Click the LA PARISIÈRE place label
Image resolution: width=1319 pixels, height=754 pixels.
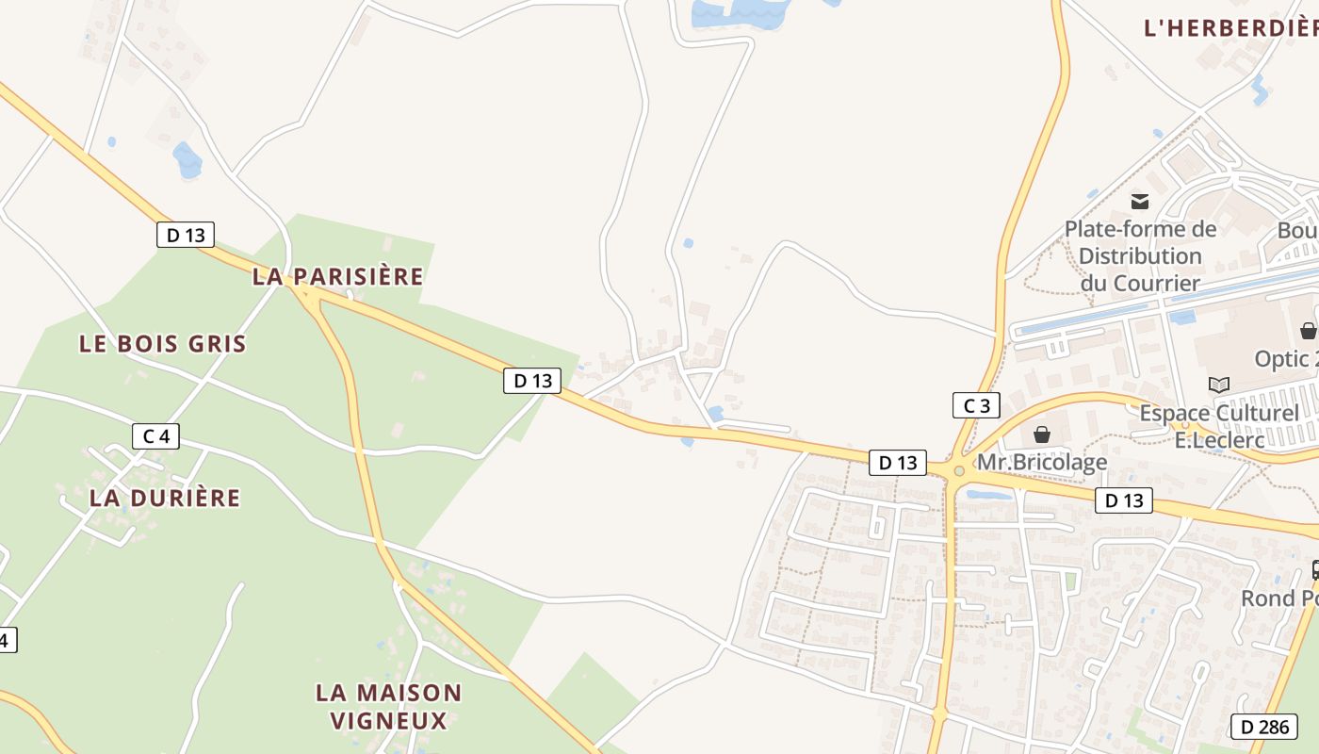point(337,276)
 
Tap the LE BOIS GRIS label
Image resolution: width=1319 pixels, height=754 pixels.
point(162,344)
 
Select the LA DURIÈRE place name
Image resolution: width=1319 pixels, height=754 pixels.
point(165,498)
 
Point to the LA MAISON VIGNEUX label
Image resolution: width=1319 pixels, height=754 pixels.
point(388,707)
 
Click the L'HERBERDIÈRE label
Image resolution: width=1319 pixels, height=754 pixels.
point(1230,28)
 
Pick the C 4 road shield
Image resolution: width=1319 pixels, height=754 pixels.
point(155,436)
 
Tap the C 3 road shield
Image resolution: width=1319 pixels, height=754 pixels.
point(976,405)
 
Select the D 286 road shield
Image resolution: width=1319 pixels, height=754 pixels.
point(1263,727)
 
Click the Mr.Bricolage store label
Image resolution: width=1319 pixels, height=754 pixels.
point(1042,462)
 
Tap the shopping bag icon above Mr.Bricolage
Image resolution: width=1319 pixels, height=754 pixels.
point(1042,434)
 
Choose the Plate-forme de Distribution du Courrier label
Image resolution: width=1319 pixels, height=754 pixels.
point(1140,255)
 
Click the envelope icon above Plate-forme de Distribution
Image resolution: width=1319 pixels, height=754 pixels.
point(1140,201)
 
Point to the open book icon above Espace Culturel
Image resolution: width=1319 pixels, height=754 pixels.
point(1219,385)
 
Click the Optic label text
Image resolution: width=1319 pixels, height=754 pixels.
point(1286,359)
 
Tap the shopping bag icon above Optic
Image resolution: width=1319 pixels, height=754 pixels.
point(1308,331)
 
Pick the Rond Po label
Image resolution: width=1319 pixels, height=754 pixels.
point(1279,598)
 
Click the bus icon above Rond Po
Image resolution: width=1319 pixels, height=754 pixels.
point(1315,570)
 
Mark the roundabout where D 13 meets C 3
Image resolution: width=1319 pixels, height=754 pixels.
point(959,470)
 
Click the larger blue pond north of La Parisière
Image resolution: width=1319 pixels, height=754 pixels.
point(187,160)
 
